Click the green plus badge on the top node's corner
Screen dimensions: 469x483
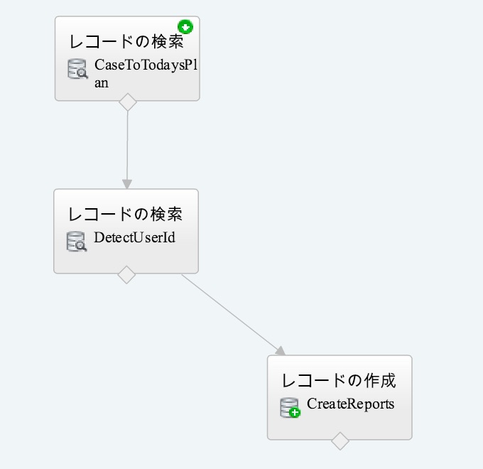186,27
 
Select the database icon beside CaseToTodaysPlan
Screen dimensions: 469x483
77,69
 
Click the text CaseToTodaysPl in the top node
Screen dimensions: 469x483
146,66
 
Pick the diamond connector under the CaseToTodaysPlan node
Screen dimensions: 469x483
127,102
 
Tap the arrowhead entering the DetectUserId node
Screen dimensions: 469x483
127,184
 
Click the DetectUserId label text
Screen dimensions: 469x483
134,238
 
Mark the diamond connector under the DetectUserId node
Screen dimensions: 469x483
126,274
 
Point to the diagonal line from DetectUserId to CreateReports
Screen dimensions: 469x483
231,313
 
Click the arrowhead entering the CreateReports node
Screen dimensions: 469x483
280,350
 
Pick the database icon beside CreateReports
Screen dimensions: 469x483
289,407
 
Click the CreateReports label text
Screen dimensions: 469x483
350,404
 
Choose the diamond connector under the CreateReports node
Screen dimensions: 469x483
340,441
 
